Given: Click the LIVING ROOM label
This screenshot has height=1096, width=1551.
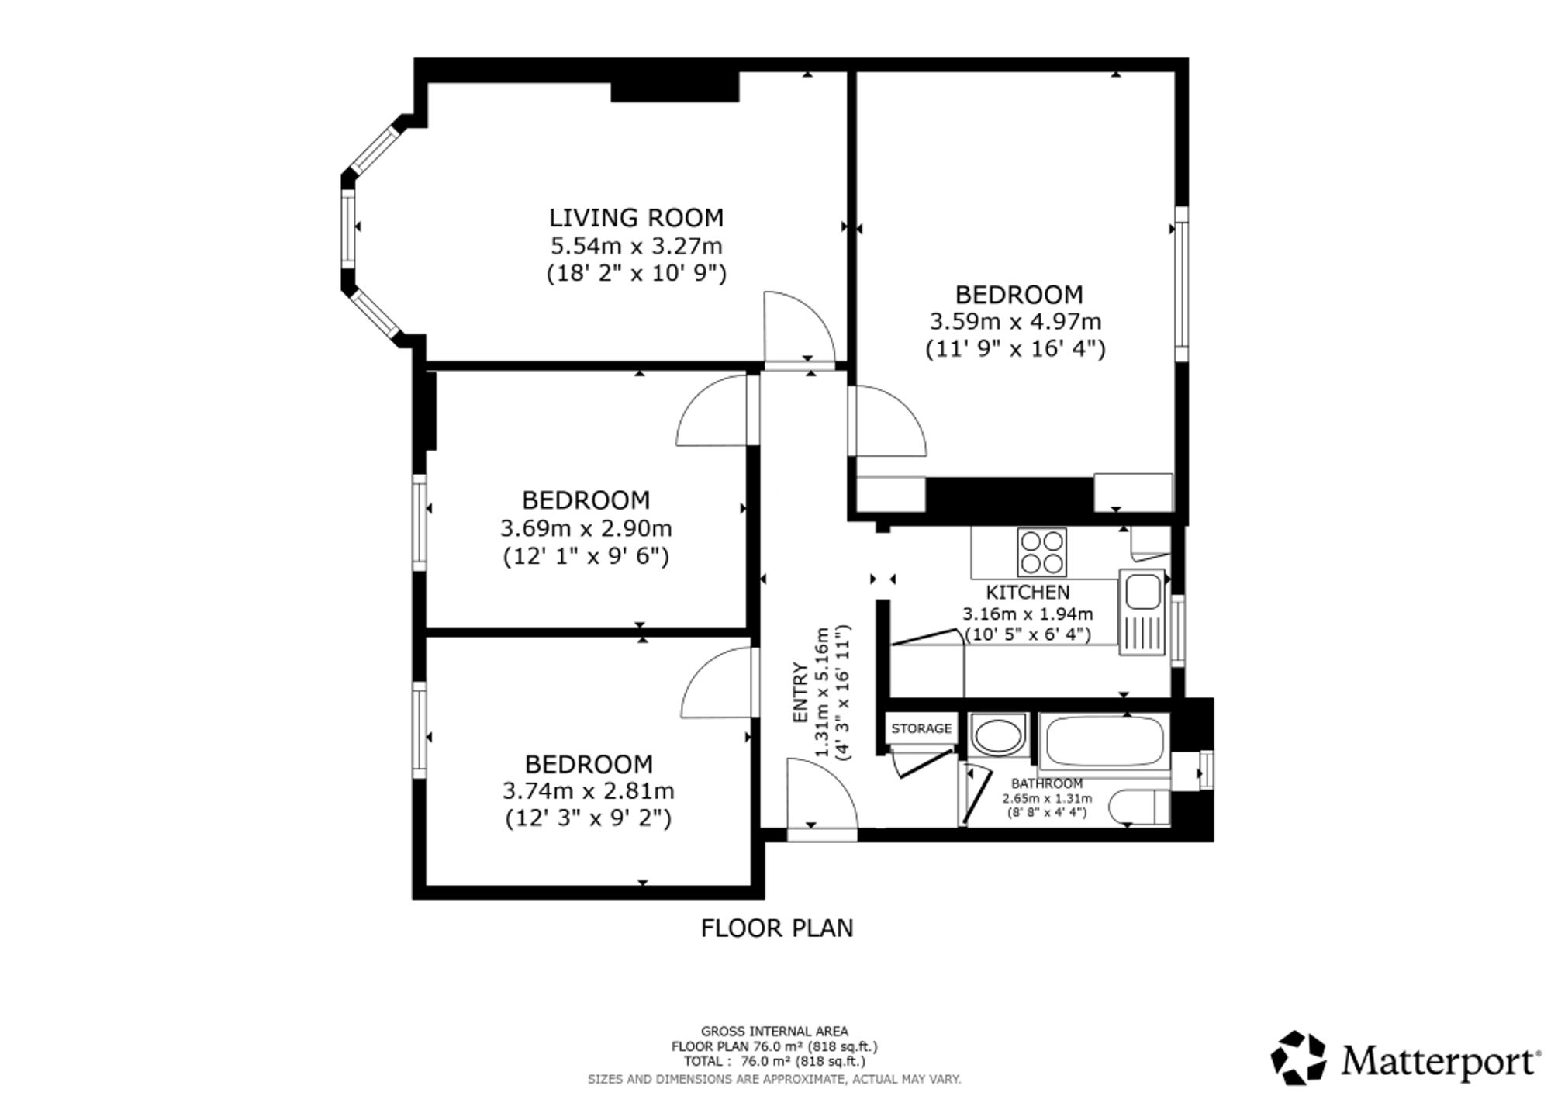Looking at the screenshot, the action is [636, 217].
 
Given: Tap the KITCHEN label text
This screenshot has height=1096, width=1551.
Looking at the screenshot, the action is [1028, 593].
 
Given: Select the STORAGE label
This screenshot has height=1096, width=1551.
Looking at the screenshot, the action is [921, 728].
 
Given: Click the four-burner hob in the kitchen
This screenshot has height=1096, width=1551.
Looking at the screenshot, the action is [1041, 552].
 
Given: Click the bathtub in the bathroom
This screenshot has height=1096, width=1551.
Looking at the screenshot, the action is [1104, 742].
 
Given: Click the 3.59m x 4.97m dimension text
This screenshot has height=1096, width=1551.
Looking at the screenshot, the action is [1015, 321].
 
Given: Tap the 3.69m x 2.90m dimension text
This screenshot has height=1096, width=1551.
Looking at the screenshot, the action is [586, 529].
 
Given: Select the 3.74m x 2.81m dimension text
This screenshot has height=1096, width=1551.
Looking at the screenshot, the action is [589, 791].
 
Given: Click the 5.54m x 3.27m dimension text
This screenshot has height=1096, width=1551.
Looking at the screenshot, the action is [637, 247].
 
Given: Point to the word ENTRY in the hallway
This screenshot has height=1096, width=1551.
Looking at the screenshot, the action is [800, 693].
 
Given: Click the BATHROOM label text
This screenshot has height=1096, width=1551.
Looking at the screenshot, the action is [1047, 783].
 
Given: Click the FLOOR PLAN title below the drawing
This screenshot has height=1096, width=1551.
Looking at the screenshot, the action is [777, 928].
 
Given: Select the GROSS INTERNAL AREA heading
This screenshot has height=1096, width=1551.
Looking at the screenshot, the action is [775, 1032].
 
